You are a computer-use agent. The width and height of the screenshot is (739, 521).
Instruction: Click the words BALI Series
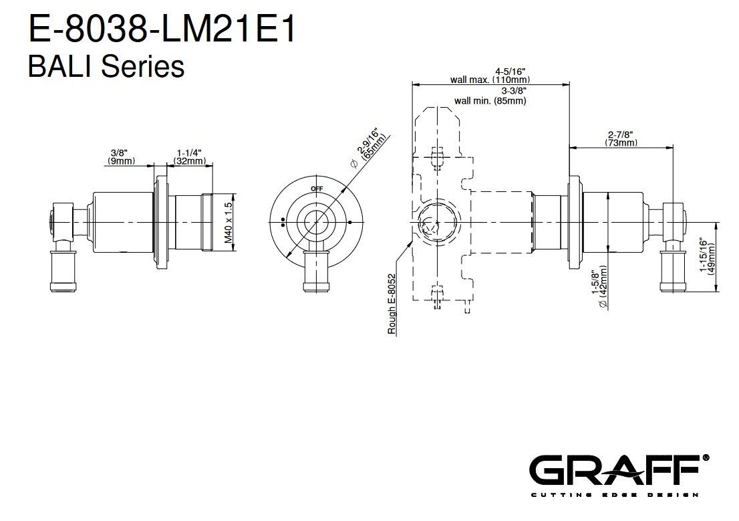point(106,66)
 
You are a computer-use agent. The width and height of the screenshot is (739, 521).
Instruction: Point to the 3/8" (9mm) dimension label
point(120,157)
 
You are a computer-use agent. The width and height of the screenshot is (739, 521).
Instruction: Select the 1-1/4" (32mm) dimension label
point(190,157)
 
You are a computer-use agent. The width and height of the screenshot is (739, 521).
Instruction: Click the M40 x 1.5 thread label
point(229,222)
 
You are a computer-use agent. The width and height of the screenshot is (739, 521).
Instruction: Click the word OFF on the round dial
point(317,189)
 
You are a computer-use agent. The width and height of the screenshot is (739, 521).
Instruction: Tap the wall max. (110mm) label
point(490,80)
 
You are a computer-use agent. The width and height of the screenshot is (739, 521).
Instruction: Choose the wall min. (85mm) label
point(490,100)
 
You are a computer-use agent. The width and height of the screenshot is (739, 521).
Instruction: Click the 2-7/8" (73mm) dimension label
point(621,138)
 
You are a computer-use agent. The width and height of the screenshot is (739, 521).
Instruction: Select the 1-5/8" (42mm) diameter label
point(599,287)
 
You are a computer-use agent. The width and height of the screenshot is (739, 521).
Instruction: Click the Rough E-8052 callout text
point(392,304)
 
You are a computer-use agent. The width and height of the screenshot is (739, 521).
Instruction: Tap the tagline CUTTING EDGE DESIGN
point(615,494)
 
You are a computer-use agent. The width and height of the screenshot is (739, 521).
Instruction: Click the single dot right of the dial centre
point(349,222)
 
